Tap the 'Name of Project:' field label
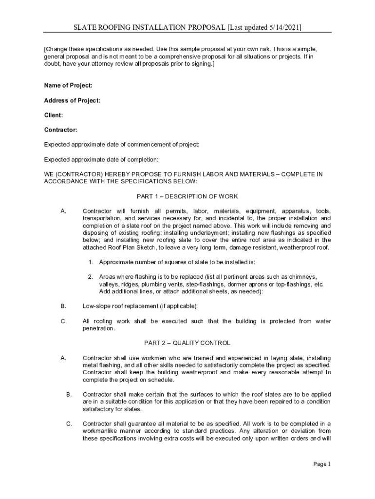[x=68, y=86]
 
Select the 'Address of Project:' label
[x=72, y=100]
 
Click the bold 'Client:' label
[x=54, y=115]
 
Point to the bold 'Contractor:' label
[x=61, y=130]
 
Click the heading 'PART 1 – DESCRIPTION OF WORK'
[x=187, y=196]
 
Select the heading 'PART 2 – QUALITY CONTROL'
[x=187, y=343]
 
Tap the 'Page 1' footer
[x=322, y=464]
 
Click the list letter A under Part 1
[x=63, y=211]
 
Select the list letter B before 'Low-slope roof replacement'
[x=63, y=306]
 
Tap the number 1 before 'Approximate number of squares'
[x=91, y=262]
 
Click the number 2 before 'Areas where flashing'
[x=91, y=277]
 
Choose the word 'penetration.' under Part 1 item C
[x=99, y=328]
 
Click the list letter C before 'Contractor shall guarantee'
[x=69, y=423]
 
